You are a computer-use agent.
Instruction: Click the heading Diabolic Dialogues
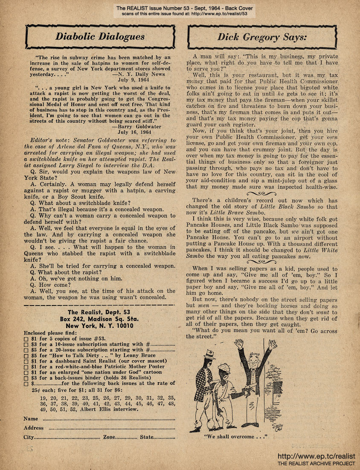100,37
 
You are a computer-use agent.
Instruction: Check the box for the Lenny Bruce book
26,355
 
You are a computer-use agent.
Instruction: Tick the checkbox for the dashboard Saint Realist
26,361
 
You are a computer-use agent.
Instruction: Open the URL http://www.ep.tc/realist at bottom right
316,456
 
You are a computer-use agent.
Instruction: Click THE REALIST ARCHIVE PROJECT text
316,463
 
